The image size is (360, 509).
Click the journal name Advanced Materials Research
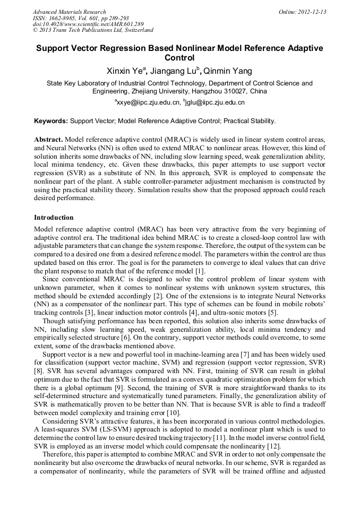pos(69,12)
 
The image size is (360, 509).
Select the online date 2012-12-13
pos(312,12)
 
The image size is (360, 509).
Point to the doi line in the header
pos(88,24)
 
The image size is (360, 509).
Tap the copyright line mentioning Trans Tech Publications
pos(93,31)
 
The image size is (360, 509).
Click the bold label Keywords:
pos(51,121)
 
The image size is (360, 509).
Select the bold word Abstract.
pos(48,139)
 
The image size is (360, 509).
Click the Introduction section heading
pos(54,218)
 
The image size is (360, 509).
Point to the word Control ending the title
pos(179,58)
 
